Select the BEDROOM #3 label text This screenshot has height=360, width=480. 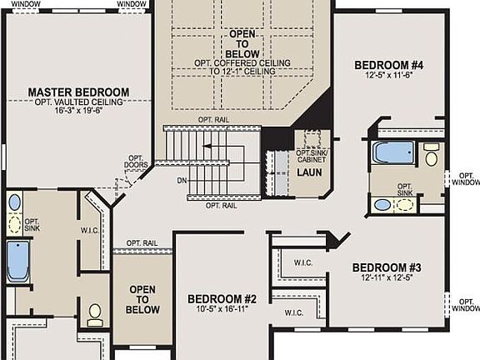[387, 267]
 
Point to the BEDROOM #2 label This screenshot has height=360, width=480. [222, 299]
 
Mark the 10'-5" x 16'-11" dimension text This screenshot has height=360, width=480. [222, 310]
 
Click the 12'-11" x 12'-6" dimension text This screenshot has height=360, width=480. [387, 278]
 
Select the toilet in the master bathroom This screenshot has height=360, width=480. [95, 313]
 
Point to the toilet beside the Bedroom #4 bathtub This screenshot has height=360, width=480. [431, 155]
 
